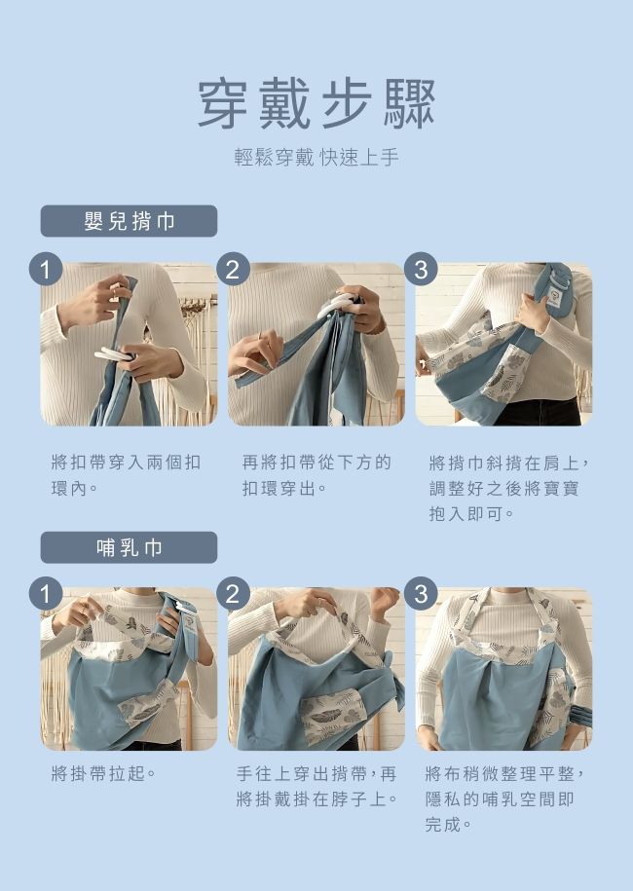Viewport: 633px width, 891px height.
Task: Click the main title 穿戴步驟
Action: pyautogui.click(x=316, y=103)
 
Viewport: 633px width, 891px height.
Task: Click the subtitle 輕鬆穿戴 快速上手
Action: pyautogui.click(x=316, y=158)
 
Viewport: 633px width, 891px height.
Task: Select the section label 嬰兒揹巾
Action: pyautogui.click(x=129, y=221)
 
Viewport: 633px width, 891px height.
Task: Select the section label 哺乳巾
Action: pyautogui.click(x=129, y=547)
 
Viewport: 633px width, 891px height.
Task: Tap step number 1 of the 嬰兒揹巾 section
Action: pyautogui.click(x=45, y=269)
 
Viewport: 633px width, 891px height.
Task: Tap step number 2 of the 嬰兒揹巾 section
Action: pyautogui.click(x=232, y=269)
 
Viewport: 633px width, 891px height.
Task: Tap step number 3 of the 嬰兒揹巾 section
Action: pyautogui.click(x=420, y=269)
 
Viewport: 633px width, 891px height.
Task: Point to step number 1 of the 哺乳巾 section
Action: pyautogui.click(x=45, y=593)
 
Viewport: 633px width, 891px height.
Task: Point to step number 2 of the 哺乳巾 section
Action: pyautogui.click(x=232, y=593)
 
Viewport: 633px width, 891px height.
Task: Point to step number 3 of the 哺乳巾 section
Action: pyautogui.click(x=420, y=593)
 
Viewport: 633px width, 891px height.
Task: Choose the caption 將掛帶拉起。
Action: pyautogui.click(x=103, y=774)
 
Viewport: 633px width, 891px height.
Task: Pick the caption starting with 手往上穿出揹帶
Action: pyautogui.click(x=316, y=787)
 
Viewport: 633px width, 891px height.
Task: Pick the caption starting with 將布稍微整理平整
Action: pyautogui.click(x=505, y=798)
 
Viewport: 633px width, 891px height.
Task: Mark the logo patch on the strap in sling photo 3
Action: pyautogui.click(x=555, y=290)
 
